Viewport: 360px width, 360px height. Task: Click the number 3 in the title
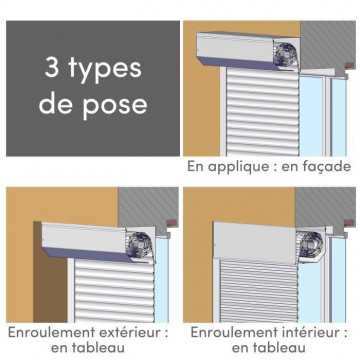coord(52,68)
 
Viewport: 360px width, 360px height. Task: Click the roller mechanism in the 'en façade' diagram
coord(286,53)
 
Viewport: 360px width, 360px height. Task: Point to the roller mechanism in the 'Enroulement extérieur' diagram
coord(140,245)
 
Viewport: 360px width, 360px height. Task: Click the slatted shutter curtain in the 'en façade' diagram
coord(263,112)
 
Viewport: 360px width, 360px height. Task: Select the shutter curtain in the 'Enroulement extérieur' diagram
coord(114,290)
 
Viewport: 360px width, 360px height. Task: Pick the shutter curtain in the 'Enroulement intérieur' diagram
coord(259,291)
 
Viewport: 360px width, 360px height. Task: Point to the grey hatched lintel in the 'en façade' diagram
coord(327,45)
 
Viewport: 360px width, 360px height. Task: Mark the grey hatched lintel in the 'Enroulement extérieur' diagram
coord(147,206)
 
